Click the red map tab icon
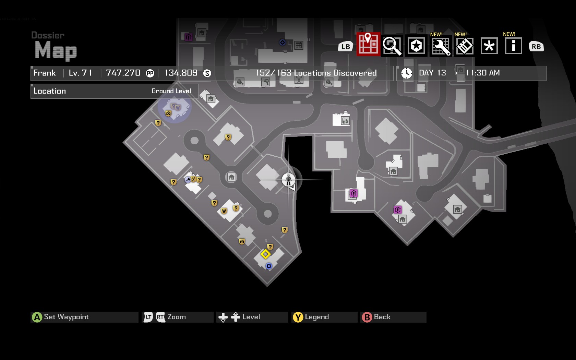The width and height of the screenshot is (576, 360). tap(368, 44)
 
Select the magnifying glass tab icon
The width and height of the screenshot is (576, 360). tap(392, 46)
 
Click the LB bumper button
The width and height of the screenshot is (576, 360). tap(346, 47)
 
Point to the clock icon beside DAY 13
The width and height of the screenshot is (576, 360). tap(407, 73)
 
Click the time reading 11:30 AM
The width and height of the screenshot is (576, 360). tap(482, 73)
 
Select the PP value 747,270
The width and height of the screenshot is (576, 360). tap(123, 73)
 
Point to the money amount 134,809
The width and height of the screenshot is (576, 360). tap(181, 73)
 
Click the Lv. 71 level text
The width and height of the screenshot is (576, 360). tap(80, 73)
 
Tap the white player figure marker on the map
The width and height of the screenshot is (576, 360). tap(288, 179)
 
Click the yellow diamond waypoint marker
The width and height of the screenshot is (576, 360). tap(265, 254)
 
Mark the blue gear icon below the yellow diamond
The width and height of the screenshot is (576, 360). tap(269, 266)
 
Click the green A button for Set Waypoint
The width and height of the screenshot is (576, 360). tap(37, 317)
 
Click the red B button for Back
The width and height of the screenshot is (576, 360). tap(367, 317)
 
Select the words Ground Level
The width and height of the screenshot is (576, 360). tap(171, 91)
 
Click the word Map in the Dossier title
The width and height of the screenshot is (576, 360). tap(56, 50)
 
